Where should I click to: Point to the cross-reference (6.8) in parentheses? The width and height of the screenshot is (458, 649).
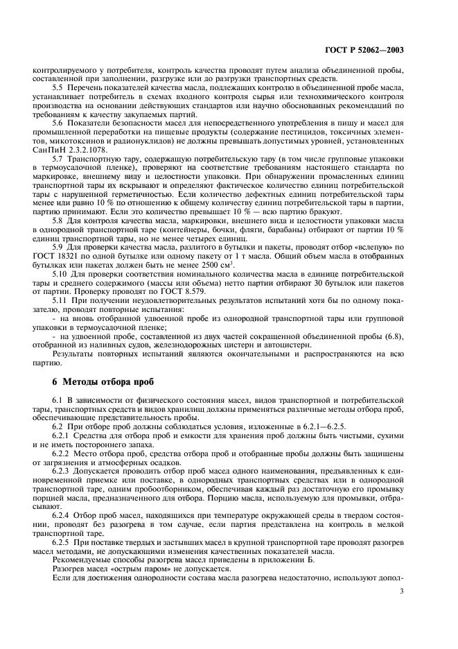[x=395, y=337]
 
